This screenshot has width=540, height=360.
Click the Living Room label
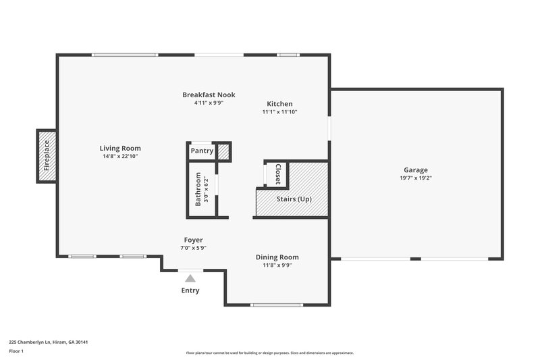click(120, 149)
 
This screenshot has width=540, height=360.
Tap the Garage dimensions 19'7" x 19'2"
click(416, 178)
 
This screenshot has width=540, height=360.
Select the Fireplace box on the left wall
click(47, 156)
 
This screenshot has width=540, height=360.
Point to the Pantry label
click(202, 151)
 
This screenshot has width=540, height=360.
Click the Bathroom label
click(198, 188)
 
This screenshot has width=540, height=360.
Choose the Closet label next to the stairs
click(277, 174)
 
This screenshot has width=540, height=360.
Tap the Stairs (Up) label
click(294, 199)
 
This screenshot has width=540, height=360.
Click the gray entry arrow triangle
click(190, 278)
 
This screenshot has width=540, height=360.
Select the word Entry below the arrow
click(190, 290)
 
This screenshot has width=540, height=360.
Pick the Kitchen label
click(279, 104)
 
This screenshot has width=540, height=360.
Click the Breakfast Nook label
click(209, 95)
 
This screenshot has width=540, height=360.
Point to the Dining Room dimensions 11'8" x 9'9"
click(277, 265)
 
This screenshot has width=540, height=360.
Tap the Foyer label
click(194, 240)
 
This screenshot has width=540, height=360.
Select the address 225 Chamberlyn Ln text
click(49, 342)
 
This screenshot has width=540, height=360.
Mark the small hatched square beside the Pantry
click(223, 151)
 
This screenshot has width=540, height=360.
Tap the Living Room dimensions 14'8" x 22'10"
click(120, 157)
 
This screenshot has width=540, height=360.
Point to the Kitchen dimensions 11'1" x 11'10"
click(279, 112)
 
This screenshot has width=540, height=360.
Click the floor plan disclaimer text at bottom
click(270, 353)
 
